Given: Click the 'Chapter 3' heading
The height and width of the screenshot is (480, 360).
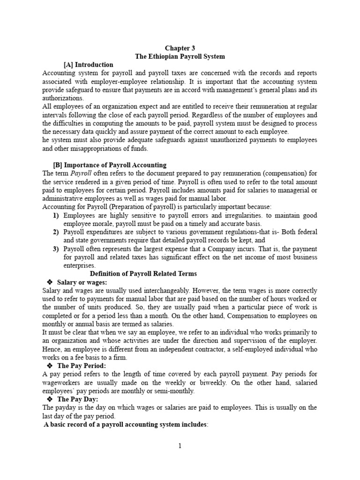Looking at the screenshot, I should click(180, 48).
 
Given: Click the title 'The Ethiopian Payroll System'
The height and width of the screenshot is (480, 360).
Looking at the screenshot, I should click(180, 57).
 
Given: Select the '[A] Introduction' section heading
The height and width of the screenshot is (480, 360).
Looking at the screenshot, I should click(88, 65).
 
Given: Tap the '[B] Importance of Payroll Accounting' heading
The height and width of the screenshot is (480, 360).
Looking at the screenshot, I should click(110, 165).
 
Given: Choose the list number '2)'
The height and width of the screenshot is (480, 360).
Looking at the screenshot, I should click(56, 232).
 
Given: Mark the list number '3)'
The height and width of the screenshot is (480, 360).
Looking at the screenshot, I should click(56, 249).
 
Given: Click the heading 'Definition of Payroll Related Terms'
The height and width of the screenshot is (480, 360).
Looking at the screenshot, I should click(143, 274).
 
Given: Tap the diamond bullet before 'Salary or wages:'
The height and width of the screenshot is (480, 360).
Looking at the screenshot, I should click(50, 282).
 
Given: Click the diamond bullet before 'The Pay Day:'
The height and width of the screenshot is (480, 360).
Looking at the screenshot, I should click(50, 399).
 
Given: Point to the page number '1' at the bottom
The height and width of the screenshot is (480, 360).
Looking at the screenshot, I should click(180, 446).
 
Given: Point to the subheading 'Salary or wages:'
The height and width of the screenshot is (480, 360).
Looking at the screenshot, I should click(82, 282).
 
